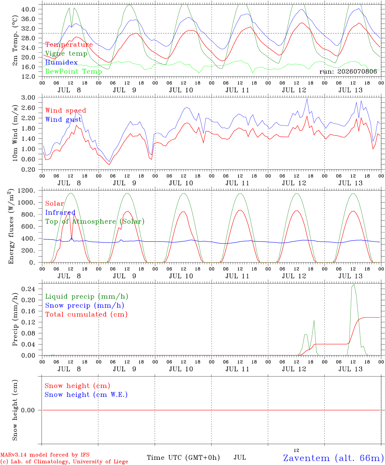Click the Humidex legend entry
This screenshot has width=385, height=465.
pyautogui.click(x=61, y=62)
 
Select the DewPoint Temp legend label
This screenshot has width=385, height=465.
pyautogui.click(x=74, y=71)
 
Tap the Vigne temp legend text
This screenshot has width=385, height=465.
pyautogui.click(x=66, y=54)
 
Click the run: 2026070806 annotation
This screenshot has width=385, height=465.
pyautogui.click(x=348, y=71)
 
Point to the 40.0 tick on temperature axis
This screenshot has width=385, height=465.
pyautogui.click(x=28, y=9)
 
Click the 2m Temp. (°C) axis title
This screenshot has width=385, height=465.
pyautogui.click(x=15, y=40)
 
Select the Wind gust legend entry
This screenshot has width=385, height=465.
pyautogui.click(x=64, y=119)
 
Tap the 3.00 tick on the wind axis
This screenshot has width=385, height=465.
pyautogui.click(x=28, y=98)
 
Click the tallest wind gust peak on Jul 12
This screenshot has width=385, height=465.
pyautogui.click(x=307, y=99)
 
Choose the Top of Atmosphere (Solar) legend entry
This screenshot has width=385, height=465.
pyautogui.click(x=95, y=222)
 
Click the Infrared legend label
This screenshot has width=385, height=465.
pyautogui.click(x=60, y=212)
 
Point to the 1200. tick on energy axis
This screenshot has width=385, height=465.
pyautogui.click(x=26, y=191)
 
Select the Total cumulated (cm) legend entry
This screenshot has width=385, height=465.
pyautogui.click(x=86, y=315)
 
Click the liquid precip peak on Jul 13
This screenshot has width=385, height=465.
pyautogui.click(x=354, y=284)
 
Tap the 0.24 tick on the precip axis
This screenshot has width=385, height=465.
pyautogui.click(x=28, y=289)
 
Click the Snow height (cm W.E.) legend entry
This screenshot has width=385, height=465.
pyautogui.click(x=86, y=395)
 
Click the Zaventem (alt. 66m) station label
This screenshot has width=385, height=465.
pyautogui.click(x=331, y=458)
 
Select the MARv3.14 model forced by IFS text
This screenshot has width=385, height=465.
pyautogui.click(x=45, y=455)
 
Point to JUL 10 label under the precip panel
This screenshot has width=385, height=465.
pyautogui.click(x=181, y=369)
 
